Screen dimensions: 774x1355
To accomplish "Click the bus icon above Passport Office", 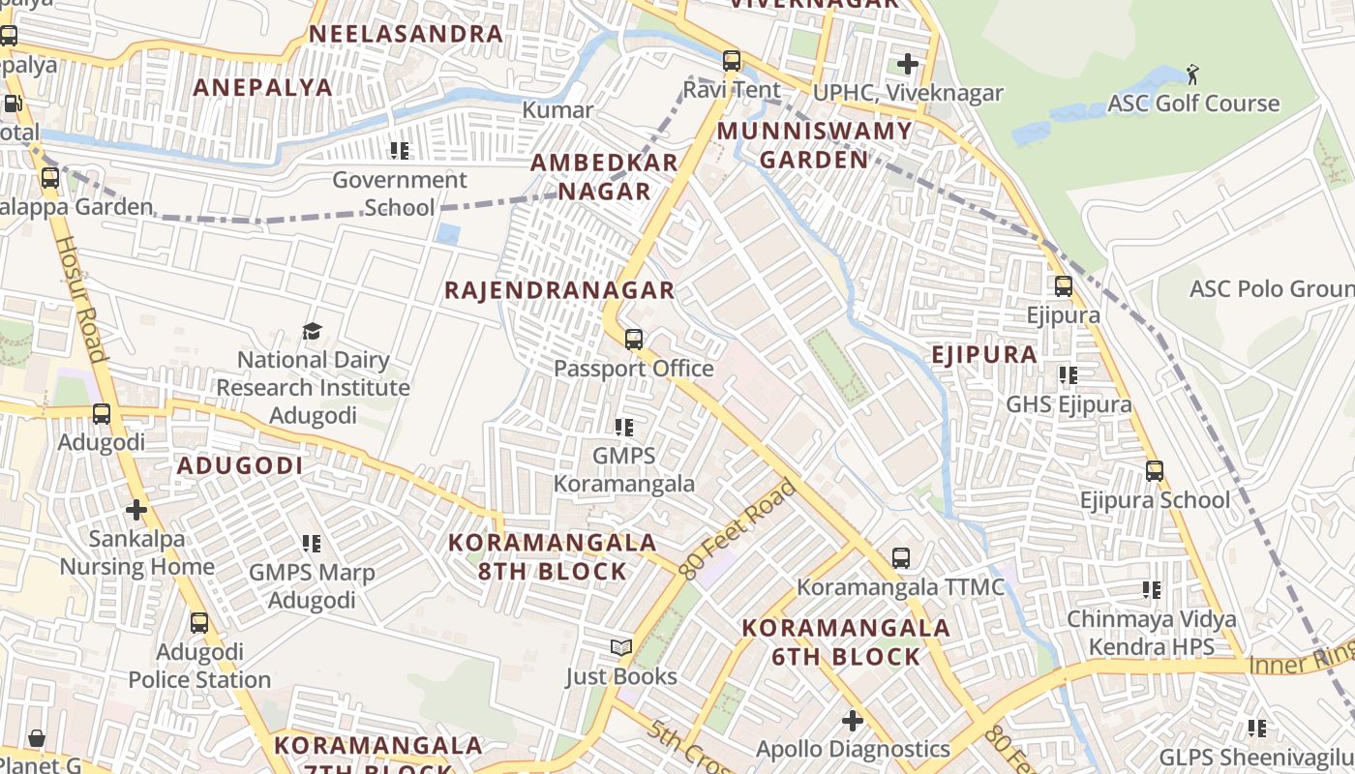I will click(634, 340).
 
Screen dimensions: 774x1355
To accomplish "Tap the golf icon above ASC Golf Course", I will click(1193, 74).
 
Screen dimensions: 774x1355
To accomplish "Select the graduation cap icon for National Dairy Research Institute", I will click(312, 332).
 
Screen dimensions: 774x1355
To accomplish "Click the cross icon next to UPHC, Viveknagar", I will click(907, 65).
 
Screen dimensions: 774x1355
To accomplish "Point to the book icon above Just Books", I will click(621, 647).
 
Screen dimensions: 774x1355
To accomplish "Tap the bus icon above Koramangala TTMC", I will click(901, 558).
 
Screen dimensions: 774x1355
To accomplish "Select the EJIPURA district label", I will click(984, 355).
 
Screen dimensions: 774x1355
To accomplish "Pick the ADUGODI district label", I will click(240, 465).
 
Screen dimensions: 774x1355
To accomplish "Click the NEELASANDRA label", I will click(406, 34).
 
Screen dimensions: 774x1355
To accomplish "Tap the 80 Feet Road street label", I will click(738, 529).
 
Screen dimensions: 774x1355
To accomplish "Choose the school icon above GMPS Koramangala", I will click(624, 427).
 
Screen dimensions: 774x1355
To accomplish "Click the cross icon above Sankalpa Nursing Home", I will click(136, 509).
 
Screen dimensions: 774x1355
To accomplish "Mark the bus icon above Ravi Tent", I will click(732, 61).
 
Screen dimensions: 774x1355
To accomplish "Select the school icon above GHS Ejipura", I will click(1069, 375).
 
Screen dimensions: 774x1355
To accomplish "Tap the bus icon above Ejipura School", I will click(1155, 471).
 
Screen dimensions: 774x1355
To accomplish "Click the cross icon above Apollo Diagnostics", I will click(853, 720).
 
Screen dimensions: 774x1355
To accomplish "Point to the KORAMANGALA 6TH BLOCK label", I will click(846, 642).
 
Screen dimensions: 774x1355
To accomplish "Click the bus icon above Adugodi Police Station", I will click(199, 623).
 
